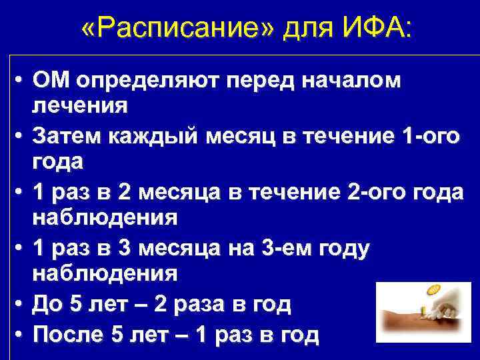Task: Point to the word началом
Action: point(352,81)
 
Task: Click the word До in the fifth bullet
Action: point(47,305)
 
